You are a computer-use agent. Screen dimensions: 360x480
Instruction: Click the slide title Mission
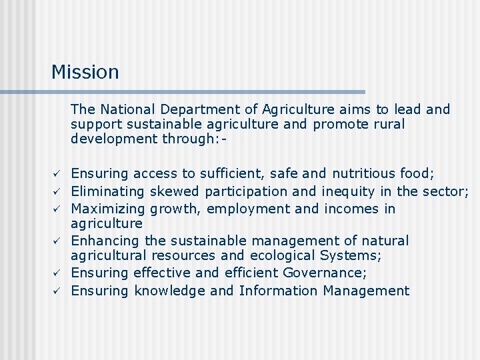85,72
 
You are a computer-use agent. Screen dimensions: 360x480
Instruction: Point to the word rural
388,124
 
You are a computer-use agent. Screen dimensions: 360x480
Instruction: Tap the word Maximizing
108,209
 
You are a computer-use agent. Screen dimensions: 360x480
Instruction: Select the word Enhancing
105,241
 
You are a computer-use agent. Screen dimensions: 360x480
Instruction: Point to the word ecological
281,255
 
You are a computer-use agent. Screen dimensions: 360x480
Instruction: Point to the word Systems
347,255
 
